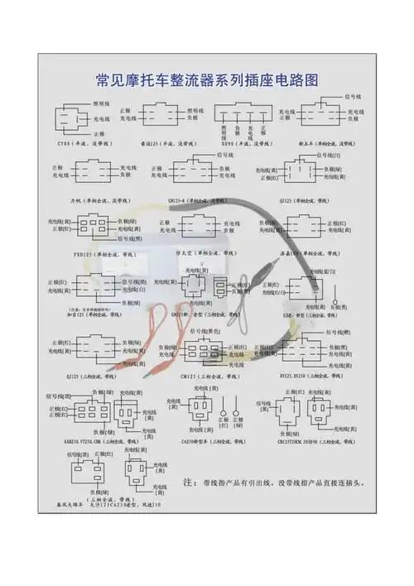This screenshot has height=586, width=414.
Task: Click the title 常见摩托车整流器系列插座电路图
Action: click(x=206, y=81)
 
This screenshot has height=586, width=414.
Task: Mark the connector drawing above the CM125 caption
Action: click(x=199, y=352)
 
